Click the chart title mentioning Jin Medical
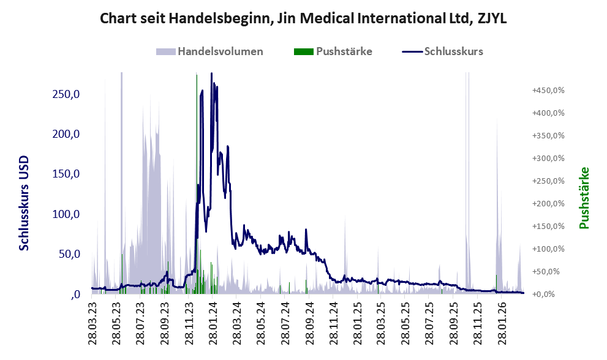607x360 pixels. pyautogui.click(x=303, y=19)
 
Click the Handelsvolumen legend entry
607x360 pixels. pyautogui.click(x=220, y=51)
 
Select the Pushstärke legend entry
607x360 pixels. pyautogui.click(x=344, y=51)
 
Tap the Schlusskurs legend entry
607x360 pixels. pyautogui.click(x=453, y=51)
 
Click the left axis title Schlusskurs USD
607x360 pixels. pyautogui.click(x=24, y=203)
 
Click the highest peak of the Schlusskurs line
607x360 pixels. pyautogui.click(x=211, y=73)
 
